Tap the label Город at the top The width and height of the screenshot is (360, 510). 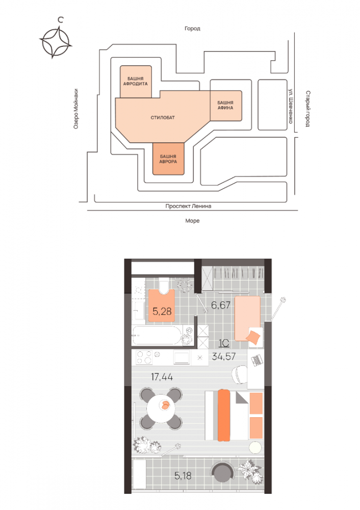click(192, 29)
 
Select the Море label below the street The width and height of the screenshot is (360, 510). click(192, 221)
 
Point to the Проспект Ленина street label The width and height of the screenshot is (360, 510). click(188, 207)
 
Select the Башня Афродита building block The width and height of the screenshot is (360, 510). click(136, 81)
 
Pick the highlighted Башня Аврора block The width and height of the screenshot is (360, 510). click(168, 159)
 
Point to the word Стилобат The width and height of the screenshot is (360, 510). click(163, 117)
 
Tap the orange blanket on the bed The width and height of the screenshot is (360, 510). click(224, 415)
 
